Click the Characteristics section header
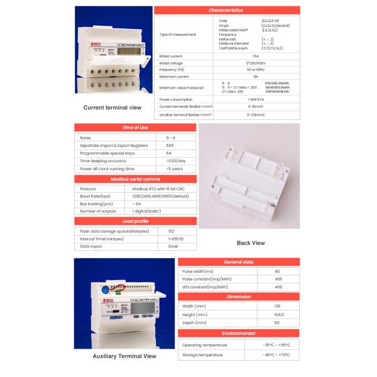pos(226,11)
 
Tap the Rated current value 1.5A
pos(254,56)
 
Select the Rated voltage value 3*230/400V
pos(254,63)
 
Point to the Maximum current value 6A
pos(254,76)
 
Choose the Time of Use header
pos(135,128)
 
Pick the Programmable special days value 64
pos(169,153)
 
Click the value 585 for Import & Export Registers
pos(170,145)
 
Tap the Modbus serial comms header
pos(135,179)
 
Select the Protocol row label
pos(88,188)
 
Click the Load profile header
pos(135,221)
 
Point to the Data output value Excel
pos(173,246)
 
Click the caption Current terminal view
pos(112,107)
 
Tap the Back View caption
pos(250,243)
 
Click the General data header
pos(239,261)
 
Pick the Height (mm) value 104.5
pos(278,314)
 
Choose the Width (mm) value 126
pos(278,306)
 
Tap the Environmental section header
pos(239,334)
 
